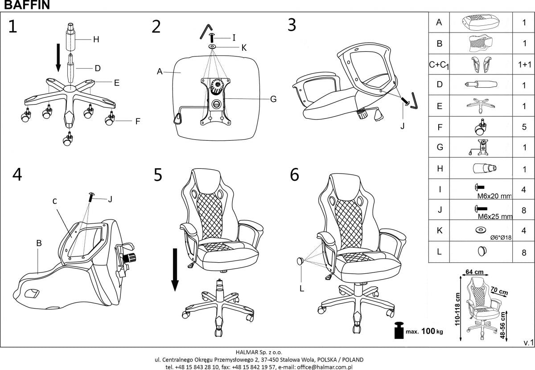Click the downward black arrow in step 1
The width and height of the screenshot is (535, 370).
click(x=58, y=57)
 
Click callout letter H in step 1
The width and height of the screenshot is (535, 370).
click(x=95, y=39)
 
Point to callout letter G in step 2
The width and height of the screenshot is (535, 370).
click(x=273, y=99)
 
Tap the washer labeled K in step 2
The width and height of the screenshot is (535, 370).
click(x=212, y=46)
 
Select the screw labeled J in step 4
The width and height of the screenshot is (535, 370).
click(x=92, y=196)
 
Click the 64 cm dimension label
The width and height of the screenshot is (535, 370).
click(x=475, y=271)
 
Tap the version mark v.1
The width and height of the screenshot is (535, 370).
click(x=527, y=342)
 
